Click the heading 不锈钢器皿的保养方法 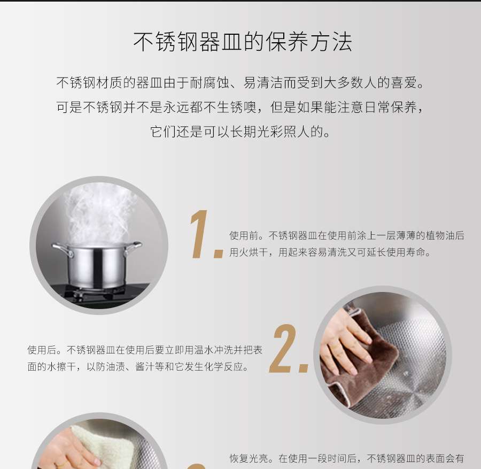click(x=243, y=42)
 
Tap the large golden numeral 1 click(x=200, y=234)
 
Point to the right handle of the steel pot click(x=133, y=247)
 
